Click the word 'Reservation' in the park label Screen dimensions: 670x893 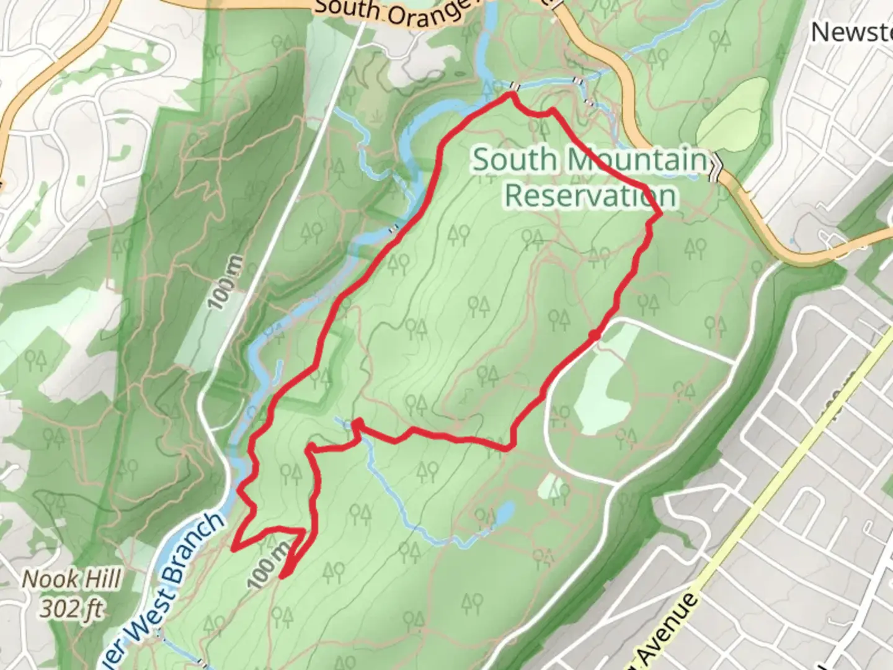click(x=590, y=195)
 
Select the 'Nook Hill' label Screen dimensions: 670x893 click(x=71, y=579)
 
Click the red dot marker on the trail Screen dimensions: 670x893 click(x=594, y=336)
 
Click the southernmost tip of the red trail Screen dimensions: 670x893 click(x=283, y=577)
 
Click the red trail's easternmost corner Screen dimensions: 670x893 click(x=660, y=214)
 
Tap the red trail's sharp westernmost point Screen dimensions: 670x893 click(x=233, y=548)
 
